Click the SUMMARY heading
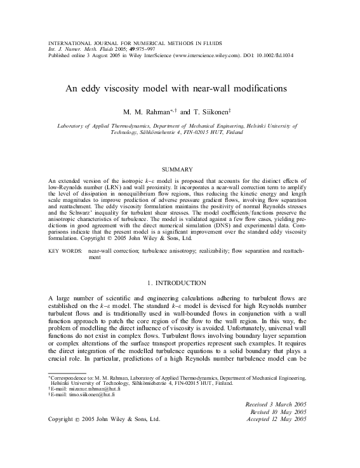point(179,170)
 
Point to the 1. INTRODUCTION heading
point(180,281)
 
